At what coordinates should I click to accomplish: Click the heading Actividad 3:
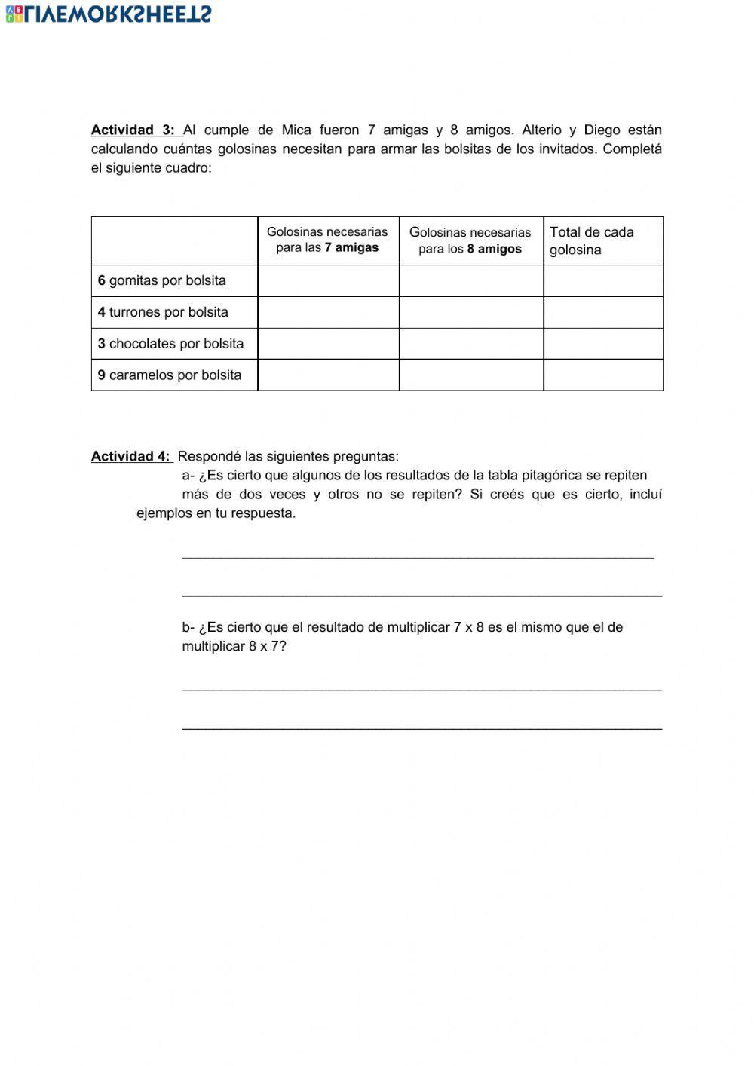[x=133, y=130]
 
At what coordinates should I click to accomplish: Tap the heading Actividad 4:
[x=130, y=456]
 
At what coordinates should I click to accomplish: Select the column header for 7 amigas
[x=327, y=240]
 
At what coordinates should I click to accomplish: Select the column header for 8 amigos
[x=470, y=240]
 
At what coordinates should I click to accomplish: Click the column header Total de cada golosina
[x=592, y=240]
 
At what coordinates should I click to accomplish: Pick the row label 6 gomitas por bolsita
[x=162, y=280]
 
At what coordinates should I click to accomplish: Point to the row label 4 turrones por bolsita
[x=163, y=312]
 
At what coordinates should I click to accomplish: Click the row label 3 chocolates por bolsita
[x=170, y=344]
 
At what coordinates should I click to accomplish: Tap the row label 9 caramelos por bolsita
[x=170, y=375]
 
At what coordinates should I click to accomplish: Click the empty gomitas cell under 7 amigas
[x=328, y=280]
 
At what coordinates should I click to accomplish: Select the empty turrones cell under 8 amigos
[x=470, y=312]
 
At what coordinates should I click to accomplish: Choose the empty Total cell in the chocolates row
[x=602, y=344]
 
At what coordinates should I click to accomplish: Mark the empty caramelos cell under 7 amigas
[x=328, y=375]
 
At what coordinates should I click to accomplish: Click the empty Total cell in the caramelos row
[x=602, y=375]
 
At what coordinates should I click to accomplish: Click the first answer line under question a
[x=418, y=556]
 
